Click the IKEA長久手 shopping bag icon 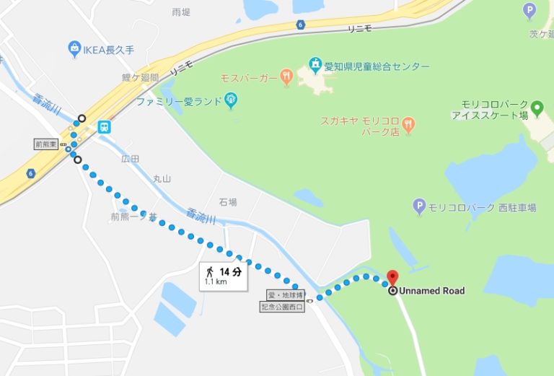pos(74,49)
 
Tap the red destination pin pos(392,277)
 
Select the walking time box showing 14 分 pos(224,275)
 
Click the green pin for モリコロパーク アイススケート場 pos(536,110)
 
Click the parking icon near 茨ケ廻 pos(529,11)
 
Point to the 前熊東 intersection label pos(48,144)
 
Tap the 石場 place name pos(228,202)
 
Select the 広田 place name pos(130,157)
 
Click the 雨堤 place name pos(181,12)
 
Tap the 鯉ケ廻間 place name pos(140,77)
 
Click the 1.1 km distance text pos(214,281)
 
